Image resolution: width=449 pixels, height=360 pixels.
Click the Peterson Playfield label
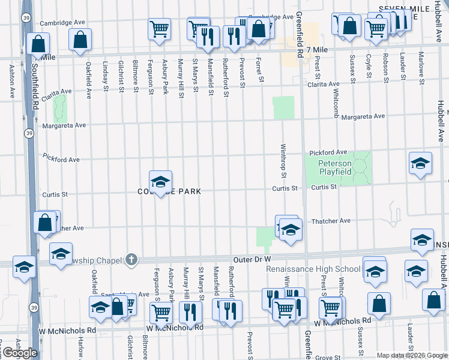pos(334,167)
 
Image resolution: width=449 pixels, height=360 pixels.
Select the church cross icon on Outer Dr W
pos(131,260)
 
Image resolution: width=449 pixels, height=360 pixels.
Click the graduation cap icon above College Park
pos(160,182)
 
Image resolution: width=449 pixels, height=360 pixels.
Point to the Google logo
pos(19,353)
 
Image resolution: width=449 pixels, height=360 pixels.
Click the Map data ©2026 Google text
pos(411,355)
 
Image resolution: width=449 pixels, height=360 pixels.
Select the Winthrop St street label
pos(282,161)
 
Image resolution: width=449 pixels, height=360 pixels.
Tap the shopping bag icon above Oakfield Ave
pos(80,40)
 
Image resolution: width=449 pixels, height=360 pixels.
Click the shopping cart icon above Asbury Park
pos(159,28)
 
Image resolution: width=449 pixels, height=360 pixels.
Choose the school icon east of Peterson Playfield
pos(420,163)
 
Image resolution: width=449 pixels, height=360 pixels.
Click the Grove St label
pos(328,357)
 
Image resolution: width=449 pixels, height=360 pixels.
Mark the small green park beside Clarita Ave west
pos(59,108)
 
